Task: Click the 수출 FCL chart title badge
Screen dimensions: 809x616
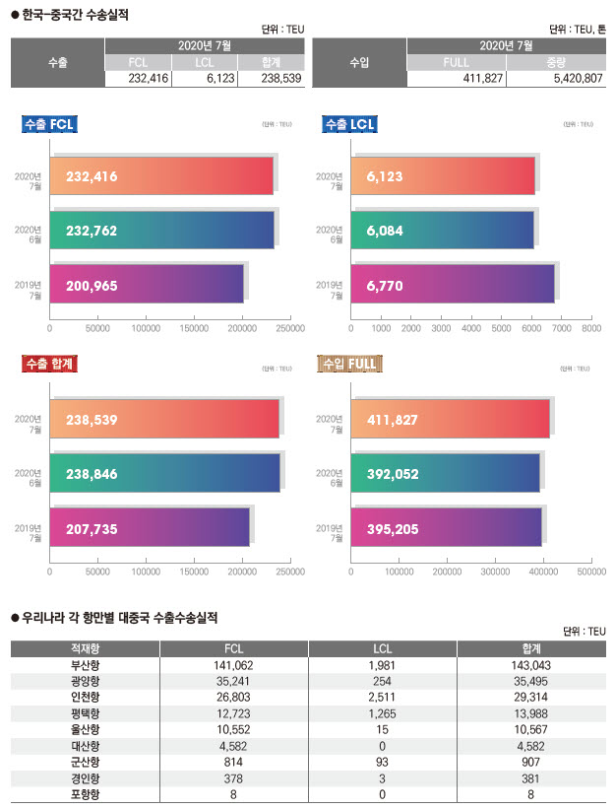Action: click(x=50, y=124)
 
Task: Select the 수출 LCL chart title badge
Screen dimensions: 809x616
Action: click(x=350, y=124)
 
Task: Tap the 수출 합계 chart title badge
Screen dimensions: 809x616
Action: click(x=50, y=365)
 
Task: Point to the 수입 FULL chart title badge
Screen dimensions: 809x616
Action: click(x=348, y=365)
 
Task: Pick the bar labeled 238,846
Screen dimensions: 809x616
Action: click(x=164, y=474)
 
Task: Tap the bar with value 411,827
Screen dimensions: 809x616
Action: click(x=450, y=420)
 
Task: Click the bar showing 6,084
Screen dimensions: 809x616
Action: click(x=442, y=231)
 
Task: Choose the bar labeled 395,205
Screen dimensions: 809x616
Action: click(x=446, y=529)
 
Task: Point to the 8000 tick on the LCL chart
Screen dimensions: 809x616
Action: click(x=591, y=326)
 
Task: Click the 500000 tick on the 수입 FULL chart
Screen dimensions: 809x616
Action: click(x=591, y=571)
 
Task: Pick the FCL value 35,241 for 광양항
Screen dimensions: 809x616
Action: click(x=233, y=681)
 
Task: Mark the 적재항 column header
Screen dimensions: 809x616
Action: click(x=85, y=648)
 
